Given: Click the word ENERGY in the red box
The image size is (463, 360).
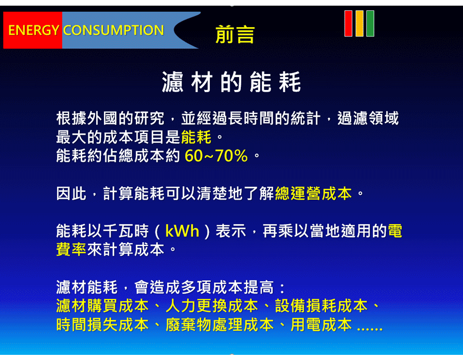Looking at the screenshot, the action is pos(33,30).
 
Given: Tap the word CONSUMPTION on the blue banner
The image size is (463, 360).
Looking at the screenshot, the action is pos(113,30).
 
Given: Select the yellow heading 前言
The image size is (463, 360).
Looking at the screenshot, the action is pos(235,34).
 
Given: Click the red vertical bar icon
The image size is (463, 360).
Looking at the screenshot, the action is pos(348,23).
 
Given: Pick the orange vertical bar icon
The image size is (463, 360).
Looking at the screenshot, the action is pos(360,23).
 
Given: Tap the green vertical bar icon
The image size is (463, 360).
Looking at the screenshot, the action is pos(370,23).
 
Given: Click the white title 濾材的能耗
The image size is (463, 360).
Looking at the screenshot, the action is pos(231,82).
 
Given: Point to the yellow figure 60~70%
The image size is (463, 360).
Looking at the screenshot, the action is pos(216,156).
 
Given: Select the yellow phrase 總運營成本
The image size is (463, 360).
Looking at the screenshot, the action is pos(313,193).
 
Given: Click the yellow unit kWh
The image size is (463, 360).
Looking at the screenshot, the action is pos(182,231).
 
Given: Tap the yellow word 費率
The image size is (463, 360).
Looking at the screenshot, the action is pos(71,249).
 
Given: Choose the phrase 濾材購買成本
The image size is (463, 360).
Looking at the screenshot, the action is pos(102,306).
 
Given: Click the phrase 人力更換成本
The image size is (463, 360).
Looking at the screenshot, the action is pos(212,306).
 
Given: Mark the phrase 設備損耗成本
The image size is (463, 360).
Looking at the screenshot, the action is pos(321,306).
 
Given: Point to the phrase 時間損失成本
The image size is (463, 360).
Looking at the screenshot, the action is pos(102,325).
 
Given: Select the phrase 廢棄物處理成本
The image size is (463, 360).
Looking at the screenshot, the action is pos(220,325).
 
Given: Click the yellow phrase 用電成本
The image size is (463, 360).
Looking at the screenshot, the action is pos(321,325).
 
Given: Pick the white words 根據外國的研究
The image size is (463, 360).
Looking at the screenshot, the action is pos(110,118).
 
